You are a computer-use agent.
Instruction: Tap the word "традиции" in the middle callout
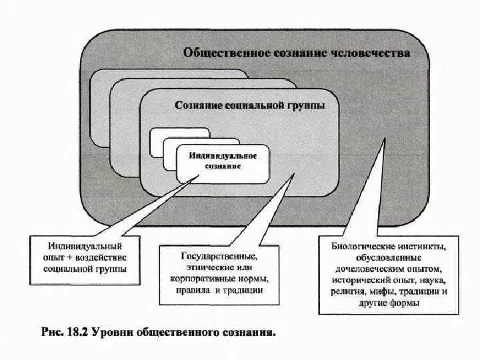(x=244, y=291)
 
